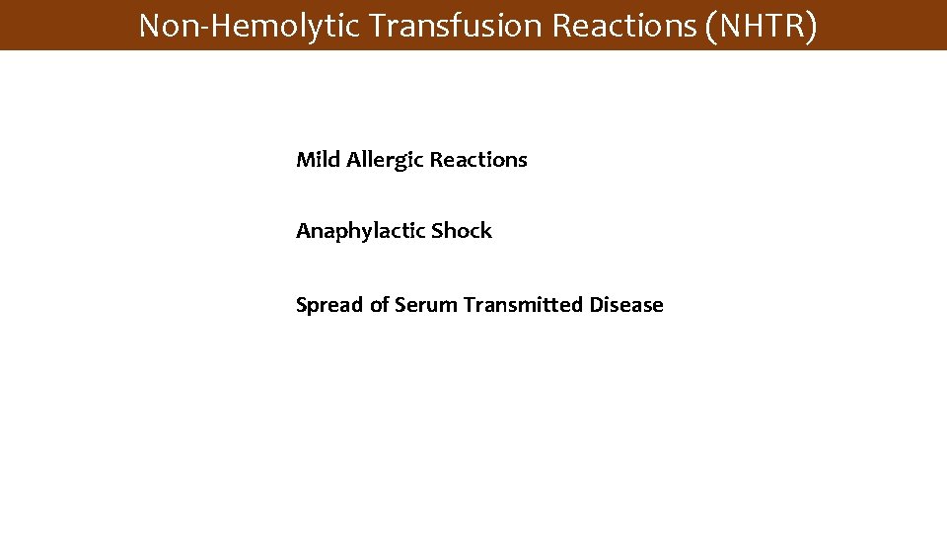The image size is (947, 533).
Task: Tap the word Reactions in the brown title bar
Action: (625, 26)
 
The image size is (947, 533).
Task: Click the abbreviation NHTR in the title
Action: (763, 26)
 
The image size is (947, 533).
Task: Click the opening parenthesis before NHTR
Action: (712, 27)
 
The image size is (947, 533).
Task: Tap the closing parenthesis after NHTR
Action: (811, 27)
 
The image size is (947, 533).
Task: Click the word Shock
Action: (461, 231)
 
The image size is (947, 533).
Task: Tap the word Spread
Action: (329, 306)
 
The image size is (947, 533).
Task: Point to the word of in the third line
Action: (379, 305)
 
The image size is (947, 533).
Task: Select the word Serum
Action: (426, 305)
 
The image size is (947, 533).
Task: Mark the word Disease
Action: (626, 305)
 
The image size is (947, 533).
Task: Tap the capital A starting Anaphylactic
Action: (302, 231)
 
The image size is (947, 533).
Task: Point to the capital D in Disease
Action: (596, 305)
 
